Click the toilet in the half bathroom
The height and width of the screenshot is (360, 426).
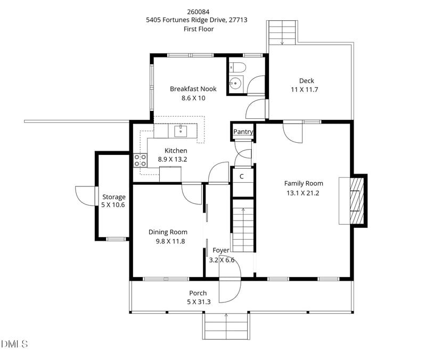coord(238,67)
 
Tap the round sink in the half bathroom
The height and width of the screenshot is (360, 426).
coord(235,83)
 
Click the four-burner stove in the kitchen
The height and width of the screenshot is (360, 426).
coord(140,160)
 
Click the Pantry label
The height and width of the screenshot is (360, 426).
coord(243,132)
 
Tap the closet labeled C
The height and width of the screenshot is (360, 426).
coord(242,176)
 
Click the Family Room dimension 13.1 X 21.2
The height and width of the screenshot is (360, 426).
coord(303,193)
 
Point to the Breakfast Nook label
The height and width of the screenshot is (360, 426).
coord(193,89)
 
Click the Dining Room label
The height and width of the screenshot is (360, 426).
coord(167,232)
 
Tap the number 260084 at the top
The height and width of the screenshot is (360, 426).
coord(198,11)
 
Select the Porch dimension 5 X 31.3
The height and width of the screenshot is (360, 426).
coord(198,301)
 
